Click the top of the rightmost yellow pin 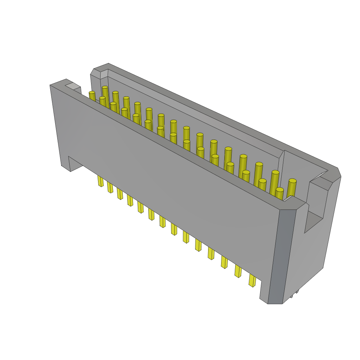tap(292, 181)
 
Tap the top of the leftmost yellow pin tap(92, 92)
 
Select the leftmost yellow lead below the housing tap(101, 181)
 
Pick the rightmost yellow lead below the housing tap(252, 281)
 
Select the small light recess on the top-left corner tap(73, 86)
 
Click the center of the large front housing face tap(169, 183)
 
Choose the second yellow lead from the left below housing tap(110, 188)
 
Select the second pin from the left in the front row tap(102, 101)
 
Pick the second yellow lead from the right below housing tap(238, 271)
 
